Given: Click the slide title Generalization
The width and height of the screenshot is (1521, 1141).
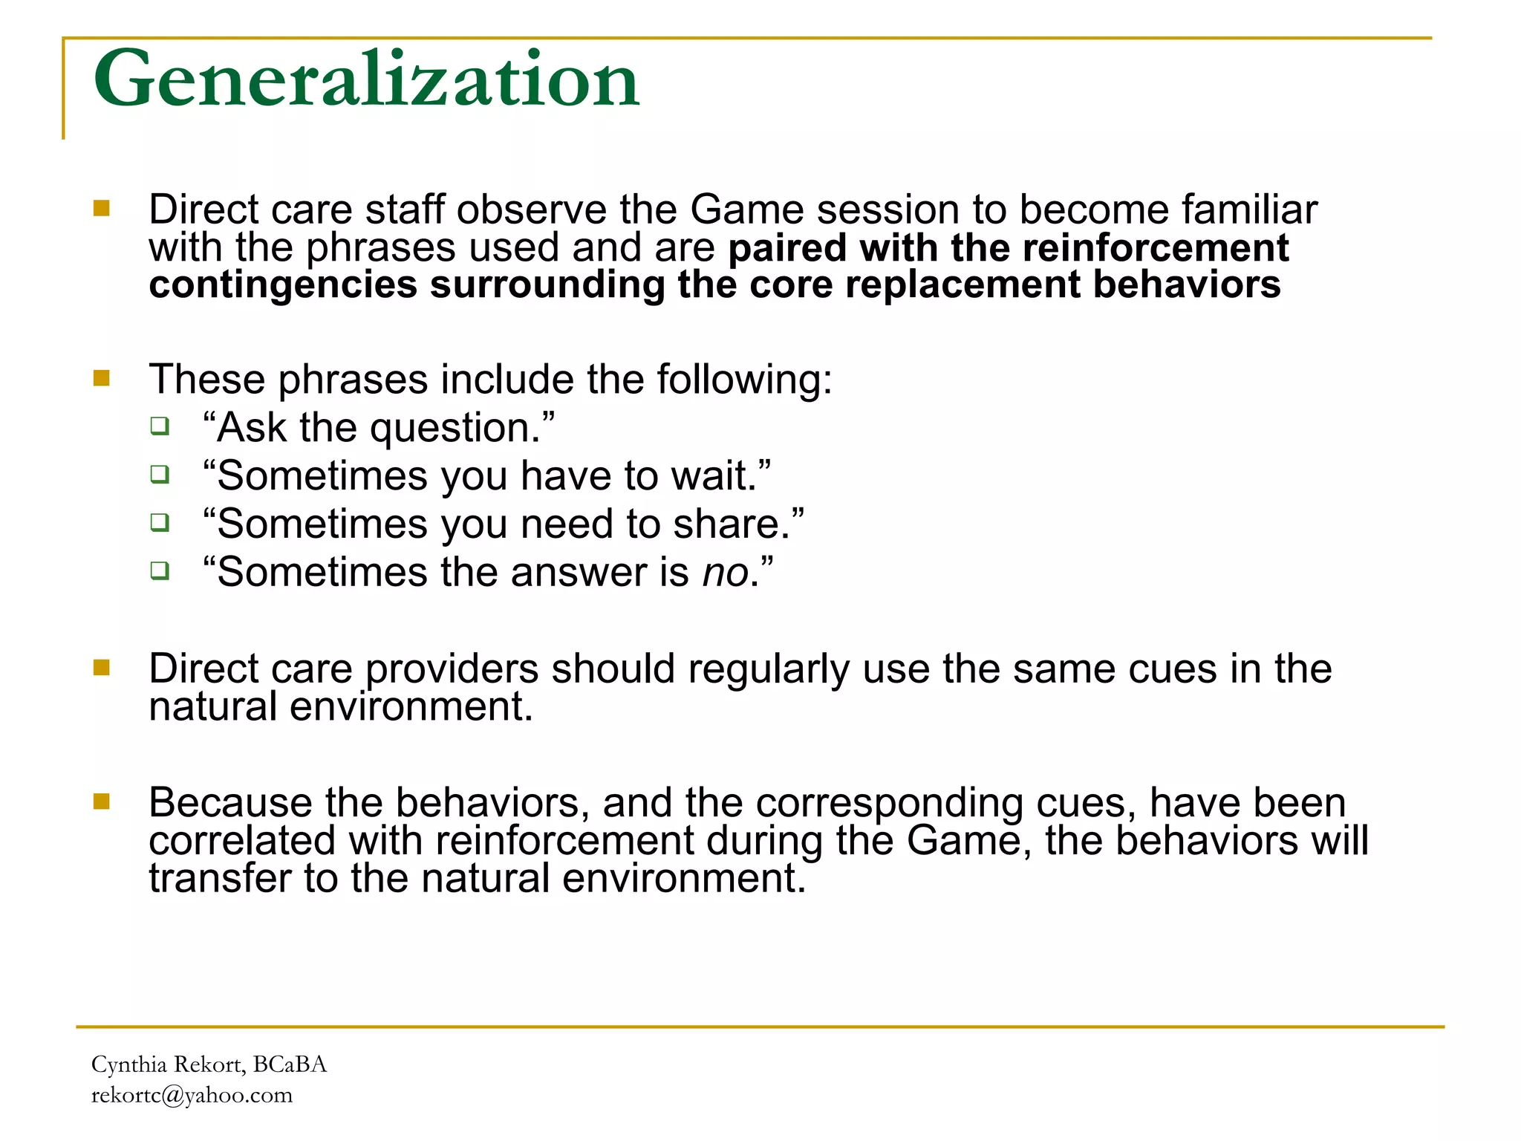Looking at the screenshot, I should pos(365,79).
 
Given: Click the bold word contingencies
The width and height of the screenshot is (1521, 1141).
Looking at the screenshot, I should pos(283,285).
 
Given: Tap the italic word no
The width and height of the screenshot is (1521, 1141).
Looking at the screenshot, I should pos(726,573).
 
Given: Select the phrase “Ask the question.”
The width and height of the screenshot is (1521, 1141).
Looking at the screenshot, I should pos(379,429).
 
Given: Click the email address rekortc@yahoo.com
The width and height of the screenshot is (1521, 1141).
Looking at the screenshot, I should pos(192,1095).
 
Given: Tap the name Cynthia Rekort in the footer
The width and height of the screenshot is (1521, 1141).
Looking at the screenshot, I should pos(167,1064).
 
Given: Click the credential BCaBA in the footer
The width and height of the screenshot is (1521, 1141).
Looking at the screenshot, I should pos(290,1064).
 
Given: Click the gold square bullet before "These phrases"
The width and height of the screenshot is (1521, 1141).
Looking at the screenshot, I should pos(102,379).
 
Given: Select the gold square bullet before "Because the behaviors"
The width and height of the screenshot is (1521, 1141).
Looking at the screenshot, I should pos(102,802).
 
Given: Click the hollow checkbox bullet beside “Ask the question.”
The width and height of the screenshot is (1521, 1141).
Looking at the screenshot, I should pos(160,426).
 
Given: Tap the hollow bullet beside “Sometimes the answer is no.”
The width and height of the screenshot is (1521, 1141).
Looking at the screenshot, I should pos(160,570).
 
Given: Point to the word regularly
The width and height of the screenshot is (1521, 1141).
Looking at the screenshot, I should pos(768,670).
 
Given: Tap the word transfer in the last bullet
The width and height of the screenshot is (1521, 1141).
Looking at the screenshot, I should pos(220,879).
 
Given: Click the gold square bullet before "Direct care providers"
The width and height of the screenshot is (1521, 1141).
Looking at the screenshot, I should pos(102,668).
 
